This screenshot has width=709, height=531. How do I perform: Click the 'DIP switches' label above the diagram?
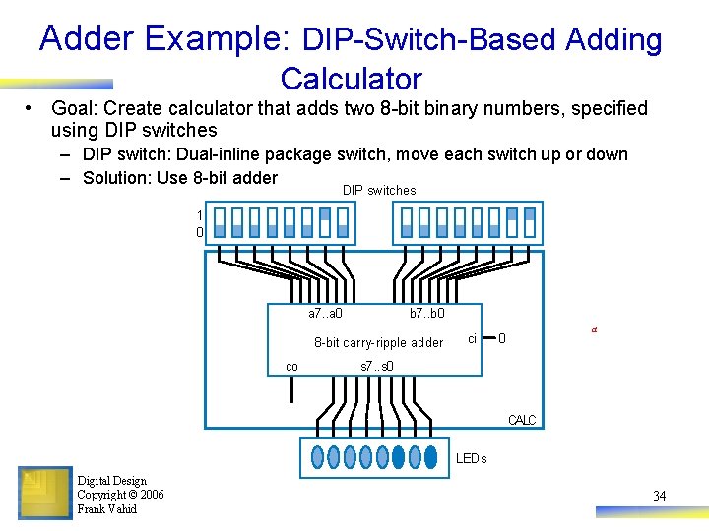point(379,190)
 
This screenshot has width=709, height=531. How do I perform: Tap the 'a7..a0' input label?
point(325,314)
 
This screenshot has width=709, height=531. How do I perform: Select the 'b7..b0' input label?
point(426,314)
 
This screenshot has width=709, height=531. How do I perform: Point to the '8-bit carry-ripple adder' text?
point(378,343)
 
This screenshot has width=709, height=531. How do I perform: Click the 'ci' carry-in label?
point(472,338)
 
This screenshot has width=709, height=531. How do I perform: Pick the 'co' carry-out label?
point(291,366)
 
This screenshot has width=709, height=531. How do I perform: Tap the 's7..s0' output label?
point(377,367)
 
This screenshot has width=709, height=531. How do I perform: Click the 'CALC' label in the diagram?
point(522,420)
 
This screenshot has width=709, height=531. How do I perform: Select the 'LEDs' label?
point(471,458)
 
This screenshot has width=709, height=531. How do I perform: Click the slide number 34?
point(660,496)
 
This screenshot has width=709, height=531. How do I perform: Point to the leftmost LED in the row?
point(317,456)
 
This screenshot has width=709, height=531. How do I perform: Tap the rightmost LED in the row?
point(430,456)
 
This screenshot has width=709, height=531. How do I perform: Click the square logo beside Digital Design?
point(44,493)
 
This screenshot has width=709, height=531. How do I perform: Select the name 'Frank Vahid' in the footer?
point(107,509)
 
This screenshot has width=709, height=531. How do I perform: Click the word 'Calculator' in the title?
point(351,79)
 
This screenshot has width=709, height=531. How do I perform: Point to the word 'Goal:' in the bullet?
point(75,108)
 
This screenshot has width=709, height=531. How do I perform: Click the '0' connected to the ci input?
point(502,339)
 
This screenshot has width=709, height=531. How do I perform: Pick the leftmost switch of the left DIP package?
point(221,223)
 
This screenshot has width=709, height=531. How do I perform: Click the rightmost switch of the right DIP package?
point(529,223)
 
